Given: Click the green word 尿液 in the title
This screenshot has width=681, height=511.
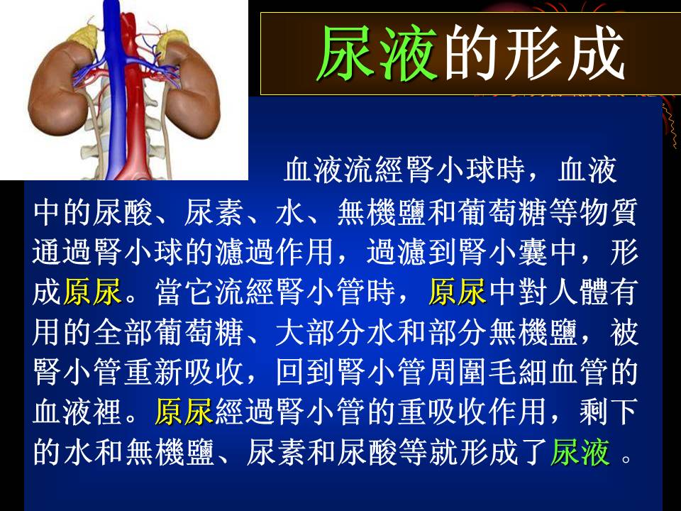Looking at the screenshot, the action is coord(377,53).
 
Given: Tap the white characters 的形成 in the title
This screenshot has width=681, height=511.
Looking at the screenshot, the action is coord(535,53).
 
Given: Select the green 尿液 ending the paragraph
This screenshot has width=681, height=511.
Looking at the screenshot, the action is coord(580,452).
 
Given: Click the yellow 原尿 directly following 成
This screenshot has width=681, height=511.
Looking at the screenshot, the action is coord(92,292).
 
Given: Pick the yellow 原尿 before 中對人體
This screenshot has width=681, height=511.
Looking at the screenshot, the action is coord(458,292).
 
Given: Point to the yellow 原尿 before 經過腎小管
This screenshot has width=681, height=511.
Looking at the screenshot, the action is coord(184,412).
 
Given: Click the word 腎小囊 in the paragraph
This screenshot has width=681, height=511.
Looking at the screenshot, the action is coord(504,251).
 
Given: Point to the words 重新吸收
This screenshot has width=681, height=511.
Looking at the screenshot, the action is coord(184,371).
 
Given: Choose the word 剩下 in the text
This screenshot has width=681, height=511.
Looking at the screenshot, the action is coord(609,412).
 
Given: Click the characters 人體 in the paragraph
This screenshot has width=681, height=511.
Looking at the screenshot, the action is coord(579,292).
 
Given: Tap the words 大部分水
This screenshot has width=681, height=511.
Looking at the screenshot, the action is coord(336,331).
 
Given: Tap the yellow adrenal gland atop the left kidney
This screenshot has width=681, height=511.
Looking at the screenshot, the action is coord(82,35).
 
